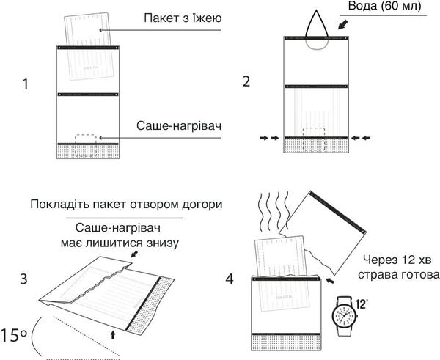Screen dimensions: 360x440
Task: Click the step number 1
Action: [x=26, y=84]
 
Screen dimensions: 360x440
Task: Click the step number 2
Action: [x=246, y=81]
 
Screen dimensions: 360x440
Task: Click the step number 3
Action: [x=23, y=279]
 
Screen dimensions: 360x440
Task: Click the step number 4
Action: [x=230, y=279]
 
